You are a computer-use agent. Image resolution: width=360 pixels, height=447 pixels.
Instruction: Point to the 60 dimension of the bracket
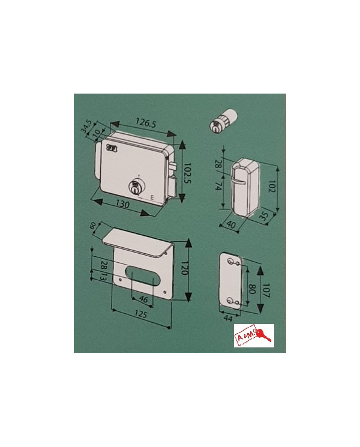tap(93, 226)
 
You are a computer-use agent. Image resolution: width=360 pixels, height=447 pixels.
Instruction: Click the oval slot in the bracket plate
tap(143, 275)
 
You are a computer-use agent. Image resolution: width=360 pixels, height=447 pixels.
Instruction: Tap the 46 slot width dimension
tap(143, 298)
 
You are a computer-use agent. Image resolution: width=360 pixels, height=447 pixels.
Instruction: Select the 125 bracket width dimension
tap(142, 314)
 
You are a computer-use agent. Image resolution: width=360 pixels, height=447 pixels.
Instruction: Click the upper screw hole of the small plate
tap(232, 263)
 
